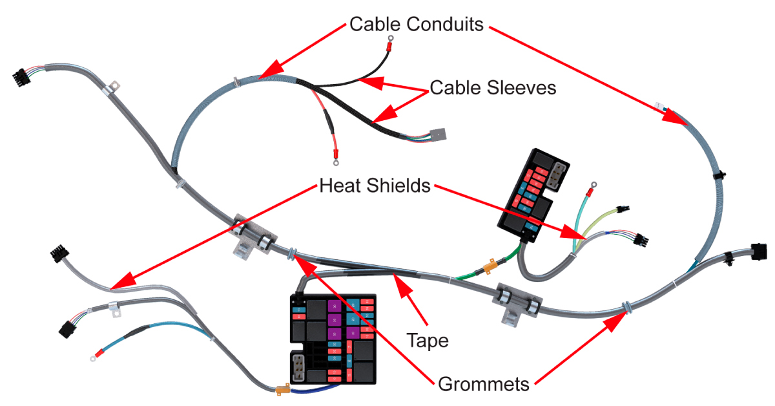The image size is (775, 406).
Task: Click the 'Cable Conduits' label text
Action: pos(416,25)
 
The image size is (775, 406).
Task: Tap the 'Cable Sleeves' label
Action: pos(493,88)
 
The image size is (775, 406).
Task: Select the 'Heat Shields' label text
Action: pos(375,186)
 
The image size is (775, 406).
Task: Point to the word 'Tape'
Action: pos(427,340)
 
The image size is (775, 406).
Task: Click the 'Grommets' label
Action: pos(484,384)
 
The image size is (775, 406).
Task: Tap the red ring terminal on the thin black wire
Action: pos(390,45)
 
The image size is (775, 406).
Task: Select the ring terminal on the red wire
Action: pos(335,153)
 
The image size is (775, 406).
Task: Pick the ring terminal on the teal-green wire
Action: pos(589,191)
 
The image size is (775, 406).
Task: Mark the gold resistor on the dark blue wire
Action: pos(281,390)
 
